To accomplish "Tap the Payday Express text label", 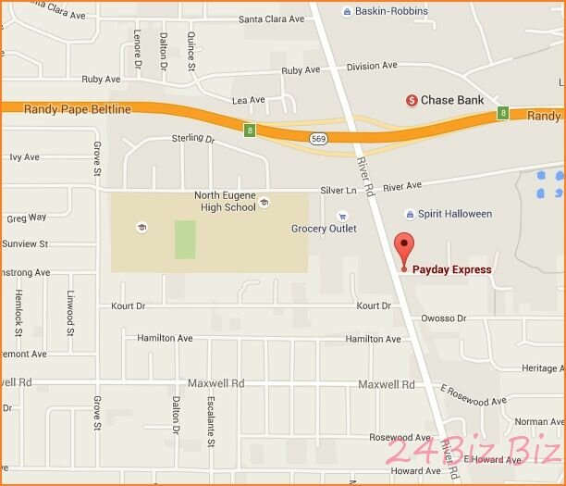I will tap(451, 270).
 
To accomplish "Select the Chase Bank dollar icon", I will tap(412, 100).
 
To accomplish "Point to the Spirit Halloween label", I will tap(455, 214).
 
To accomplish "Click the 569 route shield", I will tap(318, 139).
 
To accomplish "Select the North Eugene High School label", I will tap(225, 201).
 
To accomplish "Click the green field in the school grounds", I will tap(186, 241).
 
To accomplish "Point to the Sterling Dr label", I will tap(193, 139).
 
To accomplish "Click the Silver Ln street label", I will tap(338, 190).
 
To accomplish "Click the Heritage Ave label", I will tap(539, 368).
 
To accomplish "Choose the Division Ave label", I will tap(372, 66).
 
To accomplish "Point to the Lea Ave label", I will tap(248, 100).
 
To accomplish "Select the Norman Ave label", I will tap(537, 422).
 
